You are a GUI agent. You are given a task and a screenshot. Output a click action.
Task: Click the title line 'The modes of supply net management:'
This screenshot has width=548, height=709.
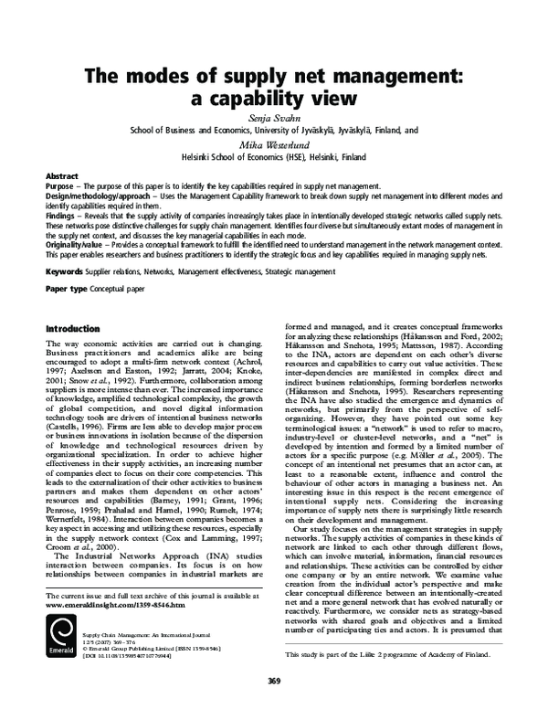[x=274, y=79]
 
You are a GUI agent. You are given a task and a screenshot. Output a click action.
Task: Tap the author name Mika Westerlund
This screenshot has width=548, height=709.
[x=274, y=143]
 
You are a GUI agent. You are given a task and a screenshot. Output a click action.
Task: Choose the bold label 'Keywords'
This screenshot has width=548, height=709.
[x=65, y=271]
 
